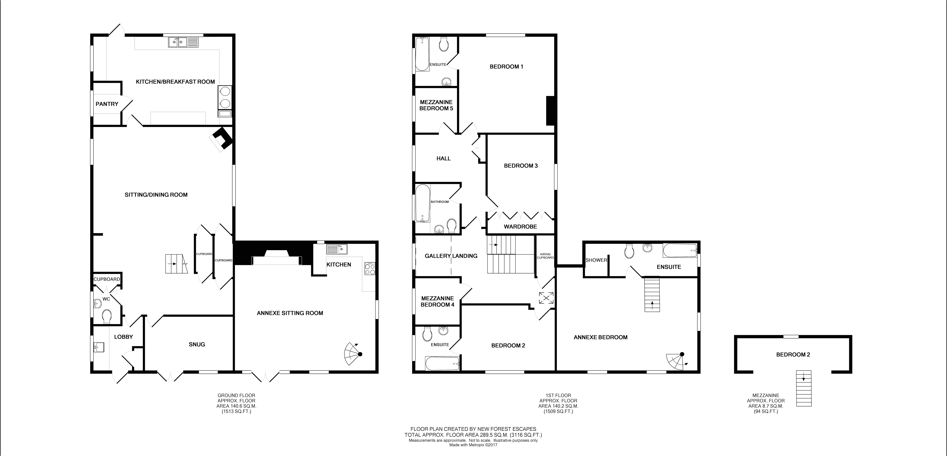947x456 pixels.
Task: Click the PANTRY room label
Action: point(107,104)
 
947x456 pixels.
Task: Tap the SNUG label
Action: point(197,344)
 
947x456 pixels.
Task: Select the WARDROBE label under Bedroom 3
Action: point(520,227)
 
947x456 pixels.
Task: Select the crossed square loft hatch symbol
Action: point(546,298)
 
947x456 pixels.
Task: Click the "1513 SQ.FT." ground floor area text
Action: point(236,412)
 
